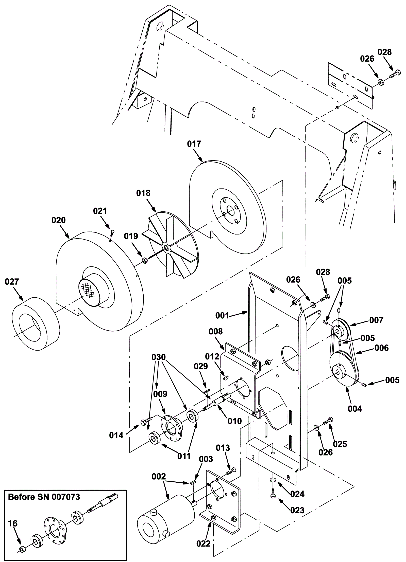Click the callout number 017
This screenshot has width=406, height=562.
pos(194,144)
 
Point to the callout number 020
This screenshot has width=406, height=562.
pos(59,220)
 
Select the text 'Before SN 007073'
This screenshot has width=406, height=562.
pos(44,497)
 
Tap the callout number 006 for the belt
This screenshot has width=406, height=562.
pos(382,348)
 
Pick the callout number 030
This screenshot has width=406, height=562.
pos(159,357)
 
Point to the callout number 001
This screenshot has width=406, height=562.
pos(222,316)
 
